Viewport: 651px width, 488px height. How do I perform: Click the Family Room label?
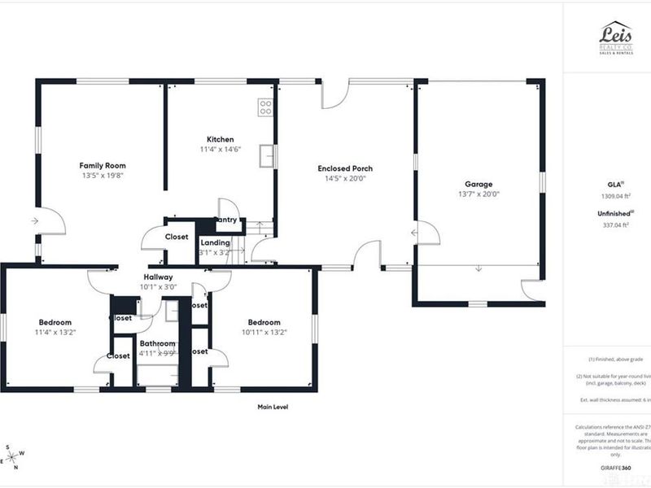[103, 164]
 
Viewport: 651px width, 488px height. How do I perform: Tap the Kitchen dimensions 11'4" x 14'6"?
[220, 150]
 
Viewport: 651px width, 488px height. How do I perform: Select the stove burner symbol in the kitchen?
[265, 107]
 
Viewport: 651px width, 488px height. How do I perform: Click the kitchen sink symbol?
[265, 154]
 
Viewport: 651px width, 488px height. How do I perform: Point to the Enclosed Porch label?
[345, 168]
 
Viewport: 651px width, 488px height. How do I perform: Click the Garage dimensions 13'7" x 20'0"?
[478, 194]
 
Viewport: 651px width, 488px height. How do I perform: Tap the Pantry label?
[225, 220]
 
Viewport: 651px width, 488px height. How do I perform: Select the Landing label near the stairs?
[215, 242]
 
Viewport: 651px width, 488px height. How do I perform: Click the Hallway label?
[159, 277]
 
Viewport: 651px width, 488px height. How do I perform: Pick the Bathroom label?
[157, 343]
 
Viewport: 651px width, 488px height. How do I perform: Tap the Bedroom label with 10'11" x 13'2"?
[264, 322]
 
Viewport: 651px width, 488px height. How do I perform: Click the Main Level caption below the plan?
[273, 407]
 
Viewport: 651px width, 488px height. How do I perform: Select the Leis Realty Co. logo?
[615, 37]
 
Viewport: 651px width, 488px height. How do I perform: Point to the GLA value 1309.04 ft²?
[615, 195]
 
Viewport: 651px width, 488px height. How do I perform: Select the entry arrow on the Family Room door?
[35, 220]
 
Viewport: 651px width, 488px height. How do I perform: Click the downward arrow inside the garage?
[478, 268]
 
